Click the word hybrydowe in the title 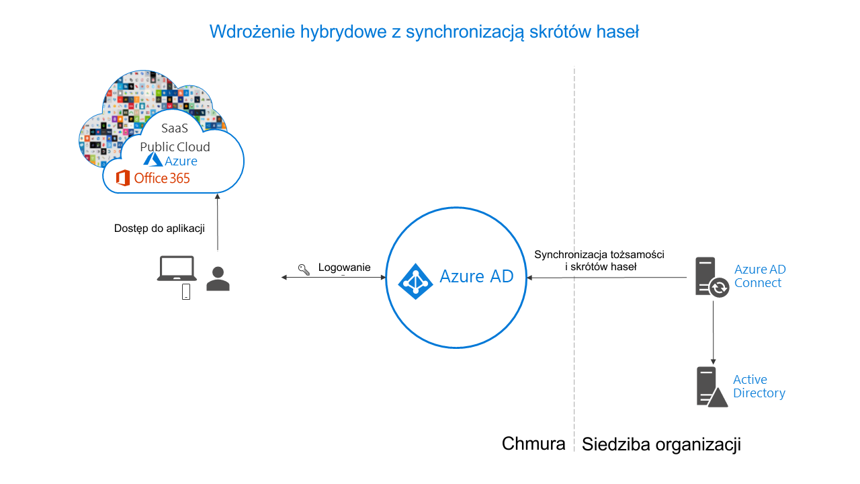pyautogui.click(x=343, y=32)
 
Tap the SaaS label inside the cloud pyautogui.click(x=175, y=128)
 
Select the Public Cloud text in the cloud pyautogui.click(x=175, y=147)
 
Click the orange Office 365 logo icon pyautogui.click(x=122, y=178)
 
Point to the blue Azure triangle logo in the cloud pyautogui.click(x=153, y=159)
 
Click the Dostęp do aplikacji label pyautogui.click(x=159, y=229)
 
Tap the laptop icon pyautogui.click(x=177, y=268)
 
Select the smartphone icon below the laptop pyautogui.click(x=186, y=292)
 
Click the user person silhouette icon pyautogui.click(x=218, y=279)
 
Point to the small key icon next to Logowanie pyautogui.click(x=304, y=270)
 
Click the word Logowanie pyautogui.click(x=345, y=268)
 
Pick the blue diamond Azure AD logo pyautogui.click(x=415, y=282)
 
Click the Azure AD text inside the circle pyautogui.click(x=476, y=276)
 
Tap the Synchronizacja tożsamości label pyautogui.click(x=599, y=255)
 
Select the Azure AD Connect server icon pyautogui.click(x=712, y=278)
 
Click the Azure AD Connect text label pyautogui.click(x=760, y=276)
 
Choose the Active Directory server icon pyautogui.click(x=712, y=387)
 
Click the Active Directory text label pyautogui.click(x=759, y=387)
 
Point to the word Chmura pyautogui.click(x=533, y=444)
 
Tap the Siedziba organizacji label pyautogui.click(x=661, y=445)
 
